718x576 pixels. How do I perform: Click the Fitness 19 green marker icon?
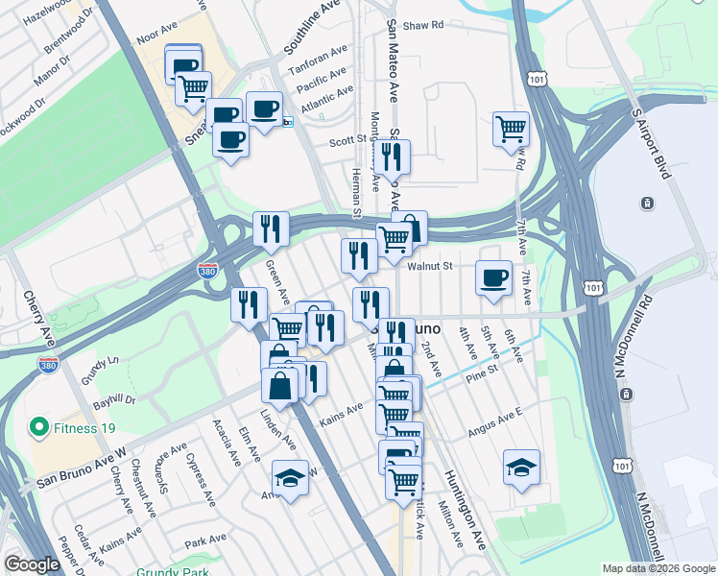(39, 425)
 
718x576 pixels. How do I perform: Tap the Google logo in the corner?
(32, 564)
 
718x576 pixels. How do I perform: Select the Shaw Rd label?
(422, 25)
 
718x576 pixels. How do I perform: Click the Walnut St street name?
(428, 268)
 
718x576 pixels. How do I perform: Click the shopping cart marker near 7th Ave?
(511, 129)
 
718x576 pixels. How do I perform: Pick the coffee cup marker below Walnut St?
(494, 278)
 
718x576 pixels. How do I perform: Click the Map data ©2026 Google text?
(658, 568)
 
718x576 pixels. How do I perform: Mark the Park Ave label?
(203, 541)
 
